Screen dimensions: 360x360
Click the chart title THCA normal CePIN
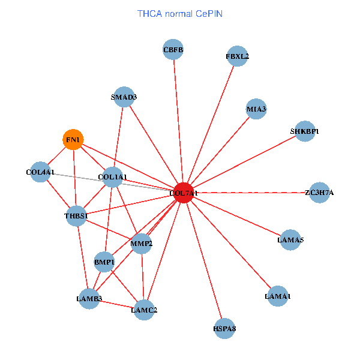(x=180, y=13)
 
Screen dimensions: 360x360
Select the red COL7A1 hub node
(x=184, y=193)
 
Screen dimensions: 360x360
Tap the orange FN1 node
(x=73, y=140)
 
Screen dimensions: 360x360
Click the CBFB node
(x=173, y=50)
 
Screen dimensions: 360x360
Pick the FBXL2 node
(x=238, y=56)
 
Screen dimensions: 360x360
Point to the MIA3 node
(x=256, y=109)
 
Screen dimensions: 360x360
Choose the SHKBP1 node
(x=305, y=131)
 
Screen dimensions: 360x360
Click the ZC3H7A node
(x=319, y=193)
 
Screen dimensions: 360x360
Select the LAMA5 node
(x=290, y=240)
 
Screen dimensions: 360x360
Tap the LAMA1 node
(x=278, y=296)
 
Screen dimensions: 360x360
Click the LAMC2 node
(x=144, y=310)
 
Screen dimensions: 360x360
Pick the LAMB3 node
(x=89, y=298)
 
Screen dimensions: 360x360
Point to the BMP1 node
(x=104, y=262)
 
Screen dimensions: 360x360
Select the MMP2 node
(x=142, y=243)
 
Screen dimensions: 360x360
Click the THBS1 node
(x=76, y=215)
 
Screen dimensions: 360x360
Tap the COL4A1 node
(x=40, y=172)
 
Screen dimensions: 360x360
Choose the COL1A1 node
(x=113, y=176)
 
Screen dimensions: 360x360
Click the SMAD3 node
(x=124, y=97)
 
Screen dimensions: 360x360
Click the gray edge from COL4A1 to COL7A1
(x=78, y=177)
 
